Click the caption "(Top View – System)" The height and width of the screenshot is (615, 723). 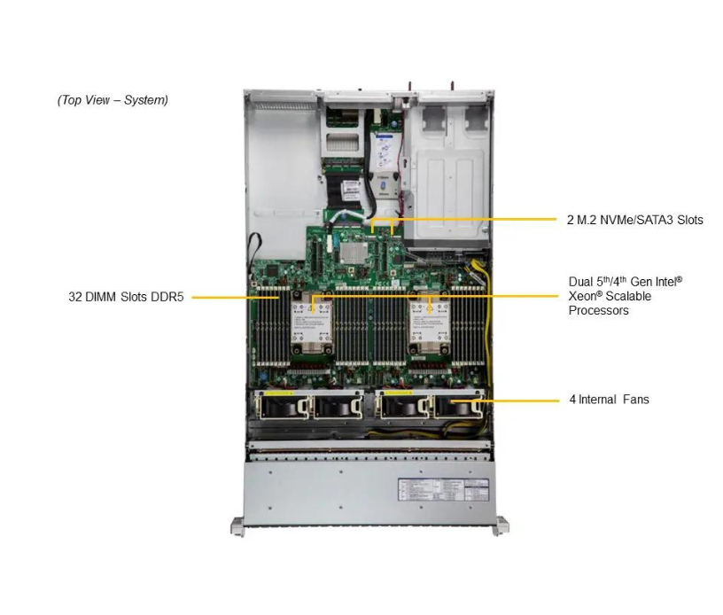(113, 100)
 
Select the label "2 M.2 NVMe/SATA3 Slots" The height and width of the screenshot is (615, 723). (634, 220)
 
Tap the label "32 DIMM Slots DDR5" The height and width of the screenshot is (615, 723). (126, 298)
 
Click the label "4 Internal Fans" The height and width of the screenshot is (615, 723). (609, 400)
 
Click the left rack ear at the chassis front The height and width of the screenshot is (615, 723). (237, 525)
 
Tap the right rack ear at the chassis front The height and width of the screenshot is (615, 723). (501, 525)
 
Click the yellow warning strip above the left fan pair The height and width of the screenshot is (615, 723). (276, 390)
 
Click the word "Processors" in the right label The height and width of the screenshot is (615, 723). (598, 311)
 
